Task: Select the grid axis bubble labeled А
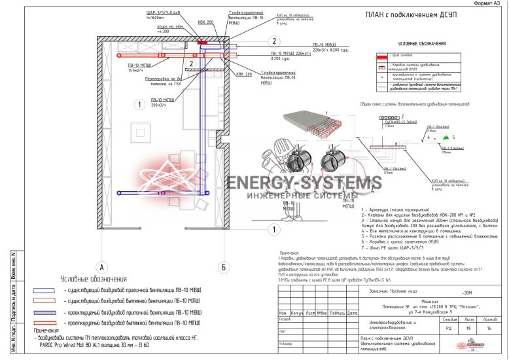(101, 267)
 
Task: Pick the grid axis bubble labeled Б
(223, 267)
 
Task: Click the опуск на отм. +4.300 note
(165, 29)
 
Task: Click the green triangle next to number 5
(444, 138)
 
